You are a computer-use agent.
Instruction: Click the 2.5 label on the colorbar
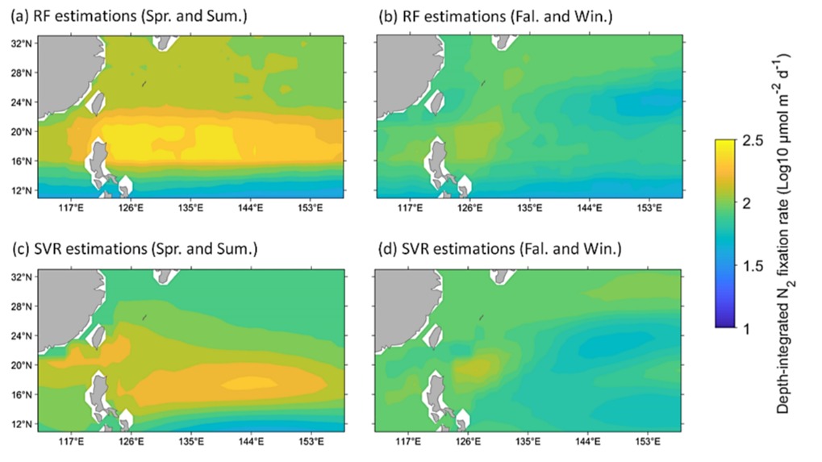point(754,142)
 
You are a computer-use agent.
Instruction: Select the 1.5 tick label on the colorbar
point(754,266)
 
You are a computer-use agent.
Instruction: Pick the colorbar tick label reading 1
point(749,328)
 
